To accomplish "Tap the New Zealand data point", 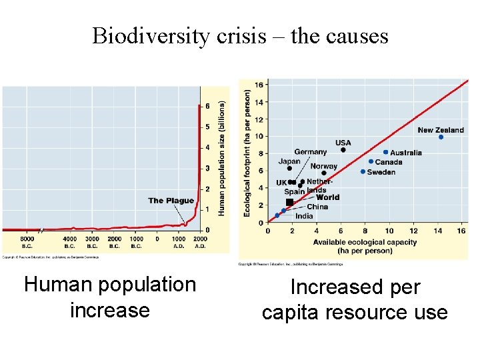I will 441,137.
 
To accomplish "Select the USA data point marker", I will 343,150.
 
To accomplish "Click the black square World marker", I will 289,202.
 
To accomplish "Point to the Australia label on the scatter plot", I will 406,153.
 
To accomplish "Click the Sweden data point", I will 363,171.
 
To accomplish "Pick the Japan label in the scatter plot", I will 289,161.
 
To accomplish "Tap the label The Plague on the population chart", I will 171,201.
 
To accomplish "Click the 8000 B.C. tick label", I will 27,242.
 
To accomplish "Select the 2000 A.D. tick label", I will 200,242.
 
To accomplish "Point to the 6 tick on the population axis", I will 207,106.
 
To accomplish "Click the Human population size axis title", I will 222,157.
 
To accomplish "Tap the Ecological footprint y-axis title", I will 247,153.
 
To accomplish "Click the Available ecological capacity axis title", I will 365,247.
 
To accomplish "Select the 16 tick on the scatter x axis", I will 461,231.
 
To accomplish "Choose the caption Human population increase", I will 110,297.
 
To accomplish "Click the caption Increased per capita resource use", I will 355,300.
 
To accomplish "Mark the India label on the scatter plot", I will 304,216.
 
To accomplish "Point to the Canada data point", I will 371,161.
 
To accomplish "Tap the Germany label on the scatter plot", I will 311,152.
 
